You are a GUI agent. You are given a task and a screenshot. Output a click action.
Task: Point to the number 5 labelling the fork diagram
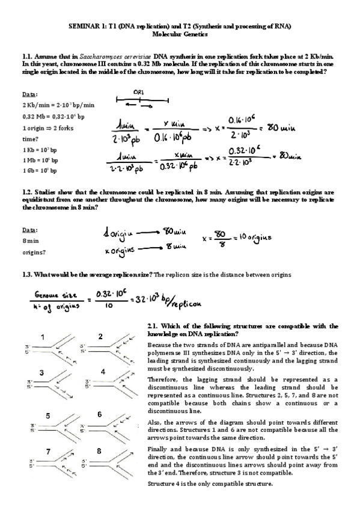point(47,416)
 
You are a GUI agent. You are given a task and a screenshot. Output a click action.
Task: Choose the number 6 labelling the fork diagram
point(100,414)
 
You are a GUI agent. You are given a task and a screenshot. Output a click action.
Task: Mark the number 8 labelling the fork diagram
point(99,452)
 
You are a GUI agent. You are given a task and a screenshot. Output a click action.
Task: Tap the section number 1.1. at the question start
point(27,56)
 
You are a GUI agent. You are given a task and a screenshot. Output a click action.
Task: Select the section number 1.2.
point(27,192)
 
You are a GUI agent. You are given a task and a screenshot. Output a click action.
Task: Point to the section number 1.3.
point(27,274)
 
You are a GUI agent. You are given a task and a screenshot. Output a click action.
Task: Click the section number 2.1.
point(153,326)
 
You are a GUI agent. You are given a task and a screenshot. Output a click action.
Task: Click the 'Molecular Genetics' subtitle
point(180,35)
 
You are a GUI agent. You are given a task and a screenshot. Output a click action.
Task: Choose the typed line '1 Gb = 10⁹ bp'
point(40,171)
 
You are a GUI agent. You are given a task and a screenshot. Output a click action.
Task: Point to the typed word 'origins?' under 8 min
point(33,253)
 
